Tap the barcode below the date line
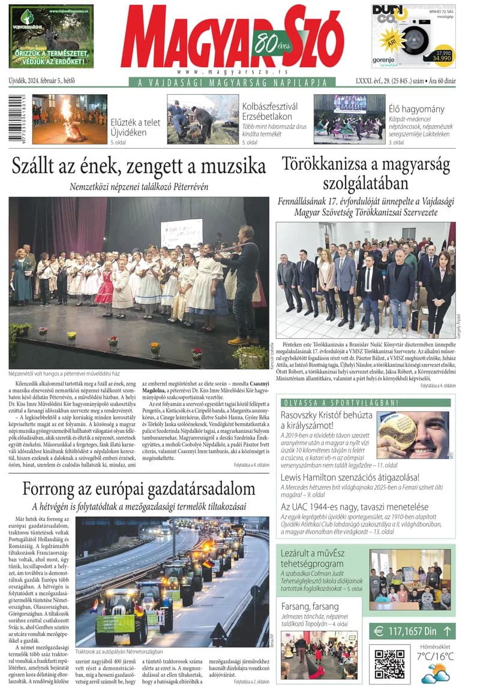(17, 119)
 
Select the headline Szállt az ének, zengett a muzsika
(139, 165)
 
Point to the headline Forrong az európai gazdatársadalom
(139, 488)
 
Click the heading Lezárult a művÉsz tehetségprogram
(320, 558)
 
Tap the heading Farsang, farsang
(310, 606)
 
